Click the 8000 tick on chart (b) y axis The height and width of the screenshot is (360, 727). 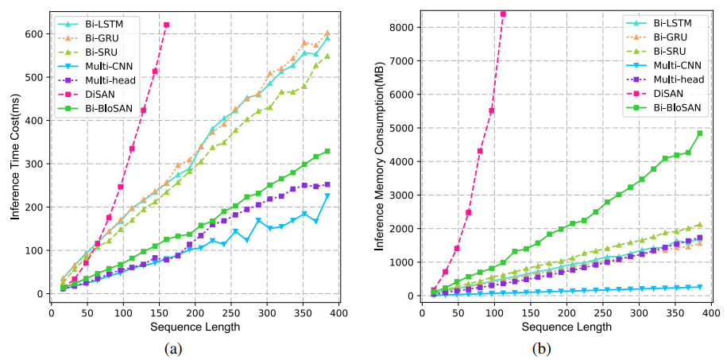coord(399,27)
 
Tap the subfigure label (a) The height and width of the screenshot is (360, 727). coord(172,347)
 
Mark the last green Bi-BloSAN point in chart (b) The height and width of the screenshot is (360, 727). coord(700,134)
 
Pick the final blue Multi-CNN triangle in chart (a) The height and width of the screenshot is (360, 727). coord(327,195)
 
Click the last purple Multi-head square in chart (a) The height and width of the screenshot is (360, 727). coord(327,184)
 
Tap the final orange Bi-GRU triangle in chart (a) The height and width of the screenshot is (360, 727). coord(327,33)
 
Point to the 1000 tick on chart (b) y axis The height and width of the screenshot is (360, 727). coord(399,262)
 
